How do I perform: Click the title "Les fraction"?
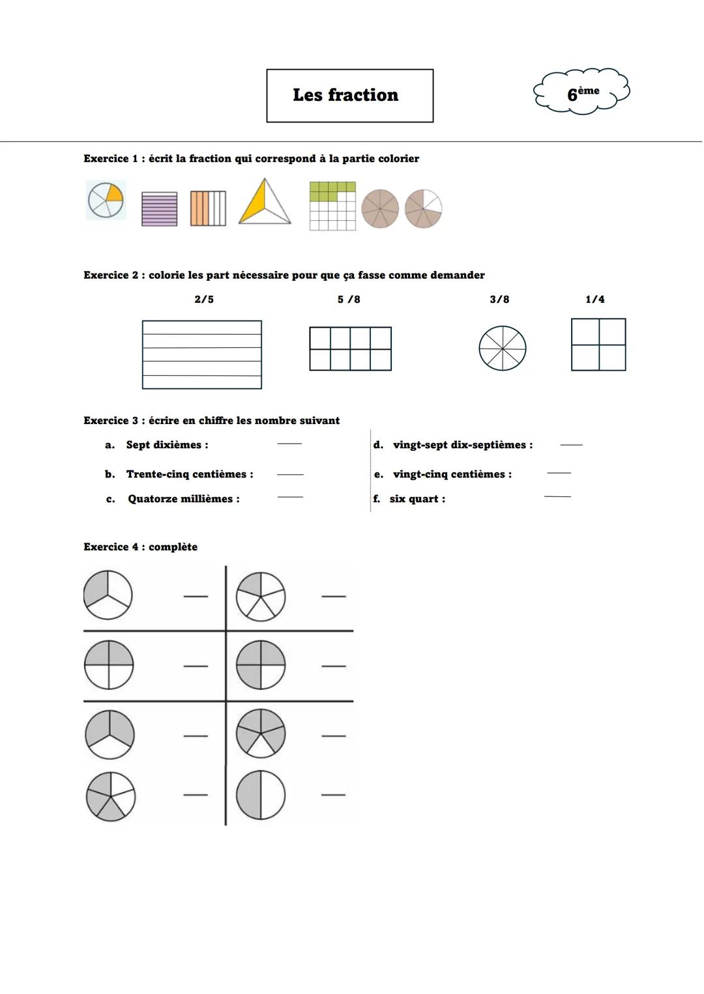[x=345, y=95]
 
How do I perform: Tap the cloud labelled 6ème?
[x=582, y=92]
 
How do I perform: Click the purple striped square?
[x=159, y=209]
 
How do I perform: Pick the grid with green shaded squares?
[x=332, y=206]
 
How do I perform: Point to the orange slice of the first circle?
[x=113, y=193]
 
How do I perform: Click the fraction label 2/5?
[x=204, y=300]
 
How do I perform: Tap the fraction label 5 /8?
[x=349, y=300]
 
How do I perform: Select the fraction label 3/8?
[x=499, y=300]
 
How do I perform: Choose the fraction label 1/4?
[x=594, y=300]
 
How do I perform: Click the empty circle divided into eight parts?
[x=502, y=348]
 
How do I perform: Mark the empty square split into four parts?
[x=598, y=345]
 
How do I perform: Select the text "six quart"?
[x=415, y=499]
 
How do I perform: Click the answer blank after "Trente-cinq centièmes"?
[x=290, y=474]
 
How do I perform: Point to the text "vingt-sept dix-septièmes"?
[x=460, y=445]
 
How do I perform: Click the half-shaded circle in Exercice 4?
[x=261, y=795]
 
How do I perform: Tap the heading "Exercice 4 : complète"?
[x=140, y=547]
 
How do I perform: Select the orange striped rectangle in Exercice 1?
[x=208, y=208]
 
